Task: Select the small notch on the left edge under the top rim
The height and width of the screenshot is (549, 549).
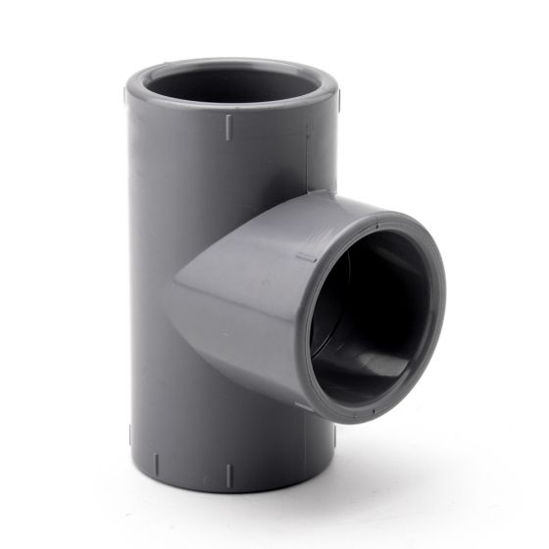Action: pyautogui.click(x=125, y=95)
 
